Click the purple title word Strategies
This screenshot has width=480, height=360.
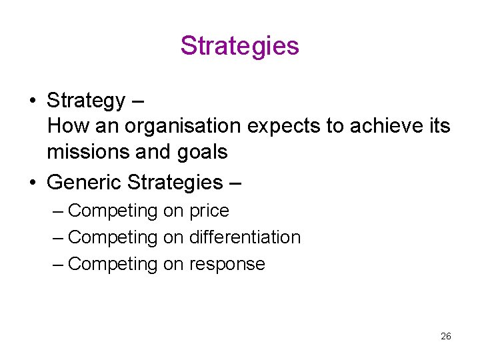tap(239, 46)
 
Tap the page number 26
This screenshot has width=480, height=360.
tap(446, 336)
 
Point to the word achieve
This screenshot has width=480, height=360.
tap(381, 126)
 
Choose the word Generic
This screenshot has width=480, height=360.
tap(83, 181)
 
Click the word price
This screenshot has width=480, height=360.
tap(209, 211)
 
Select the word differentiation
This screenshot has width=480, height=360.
tap(245, 237)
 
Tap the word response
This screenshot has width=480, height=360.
tap(227, 264)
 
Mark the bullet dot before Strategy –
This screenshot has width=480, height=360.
tap(32, 101)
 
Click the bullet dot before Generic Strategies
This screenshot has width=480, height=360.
tap(32, 181)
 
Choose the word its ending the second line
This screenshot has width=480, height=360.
tap(437, 126)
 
